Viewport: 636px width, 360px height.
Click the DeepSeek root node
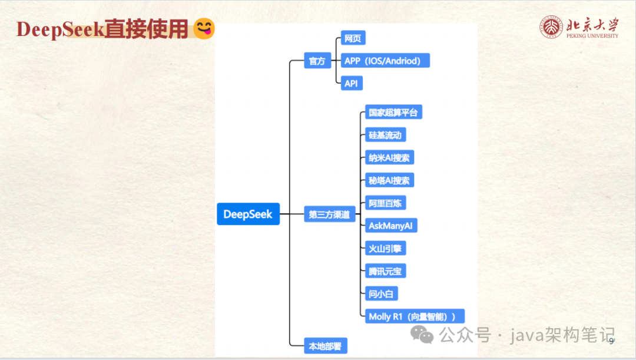point(248,214)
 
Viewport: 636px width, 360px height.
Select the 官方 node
point(317,61)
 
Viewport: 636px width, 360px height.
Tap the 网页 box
point(353,39)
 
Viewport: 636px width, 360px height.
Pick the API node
point(352,84)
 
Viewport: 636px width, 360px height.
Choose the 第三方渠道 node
point(329,215)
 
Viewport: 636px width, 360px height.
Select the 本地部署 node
point(326,346)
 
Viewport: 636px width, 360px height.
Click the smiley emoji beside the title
point(204,29)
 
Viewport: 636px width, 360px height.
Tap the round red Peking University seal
point(551,27)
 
